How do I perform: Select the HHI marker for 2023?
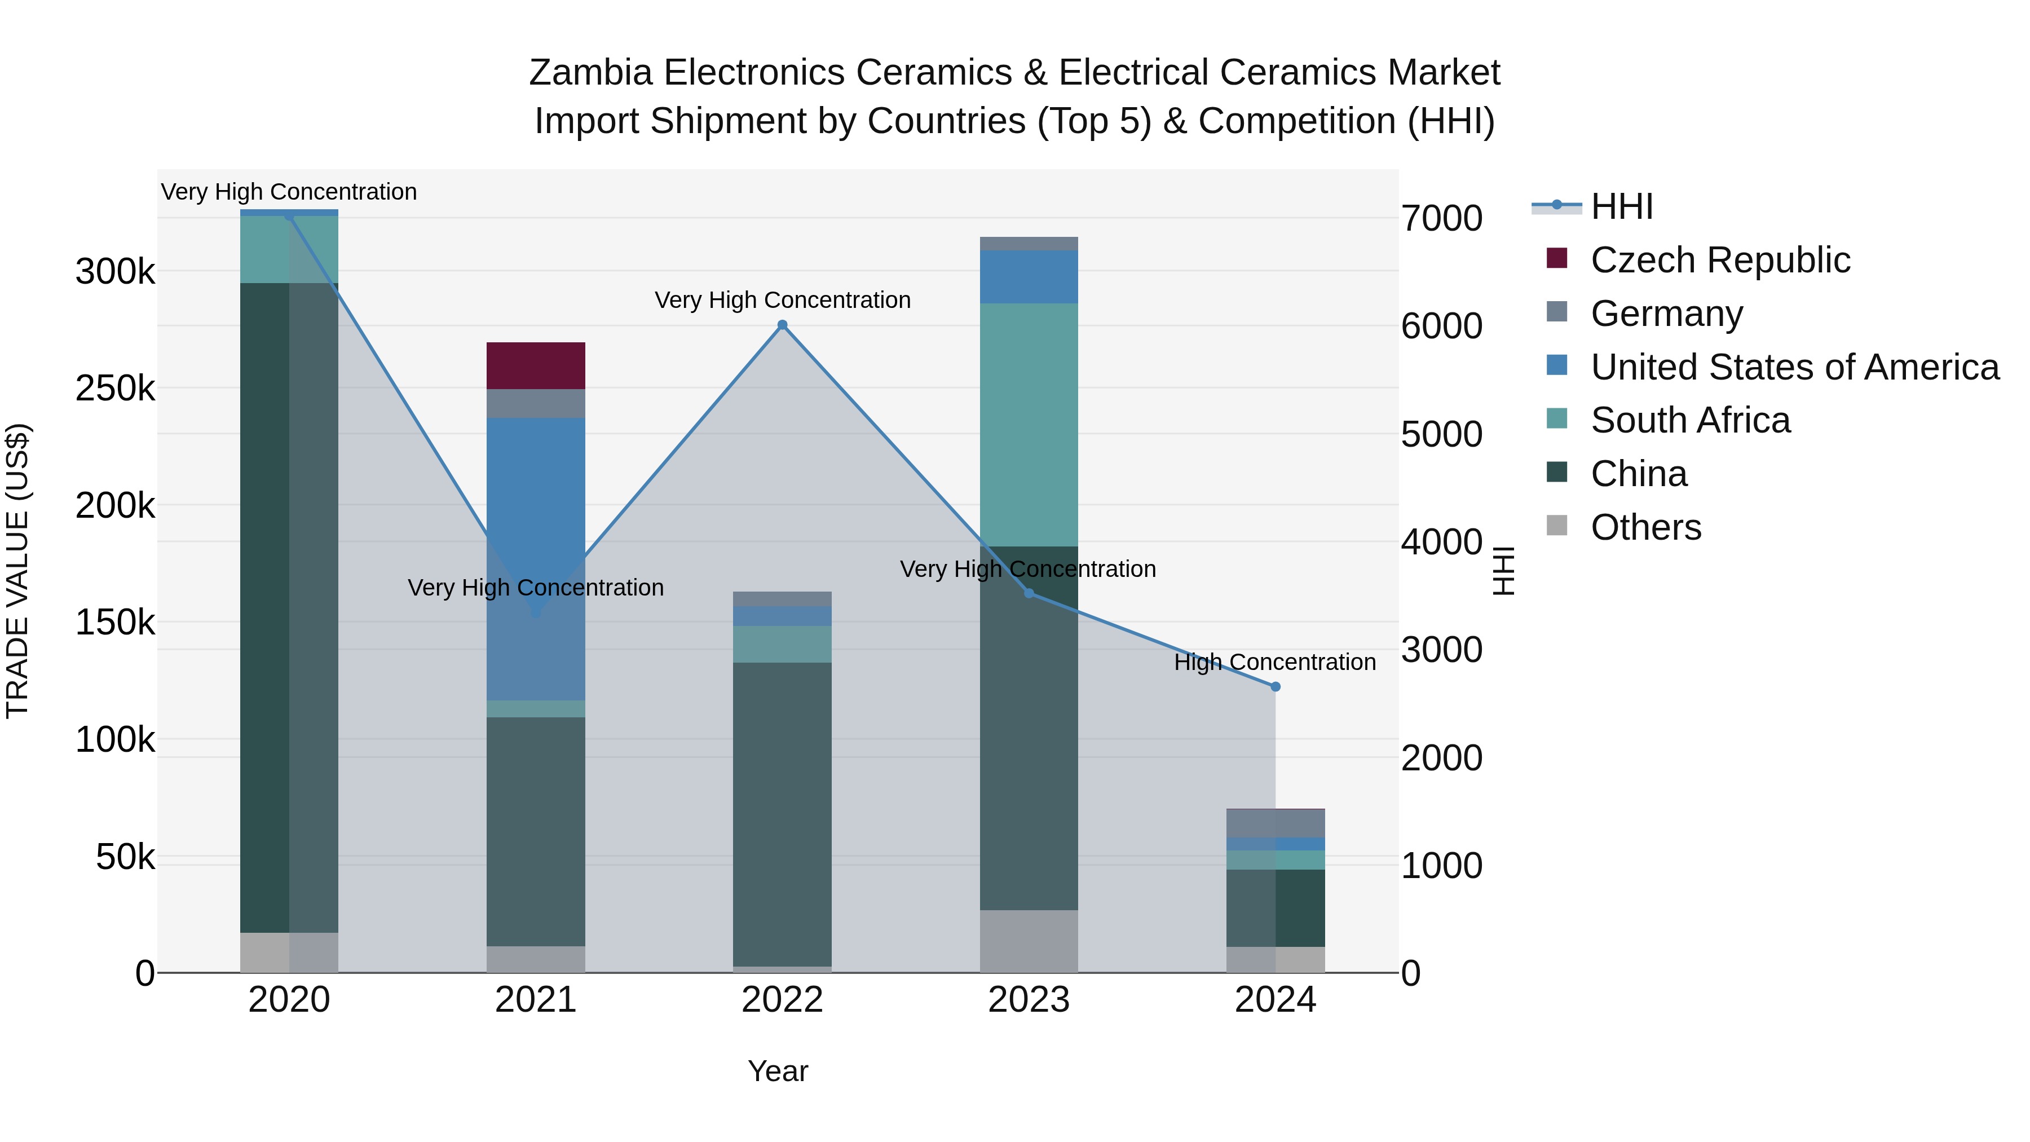[x=1029, y=593]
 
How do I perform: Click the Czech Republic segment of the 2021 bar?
[x=536, y=365]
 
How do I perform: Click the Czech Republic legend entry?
[x=1719, y=260]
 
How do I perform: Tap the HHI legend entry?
[x=1621, y=206]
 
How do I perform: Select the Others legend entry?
[x=1645, y=527]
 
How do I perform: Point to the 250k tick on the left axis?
[x=115, y=389]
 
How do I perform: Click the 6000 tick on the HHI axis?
[x=1441, y=327]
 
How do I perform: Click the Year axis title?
[x=778, y=1071]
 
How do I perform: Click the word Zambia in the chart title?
[x=590, y=73]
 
